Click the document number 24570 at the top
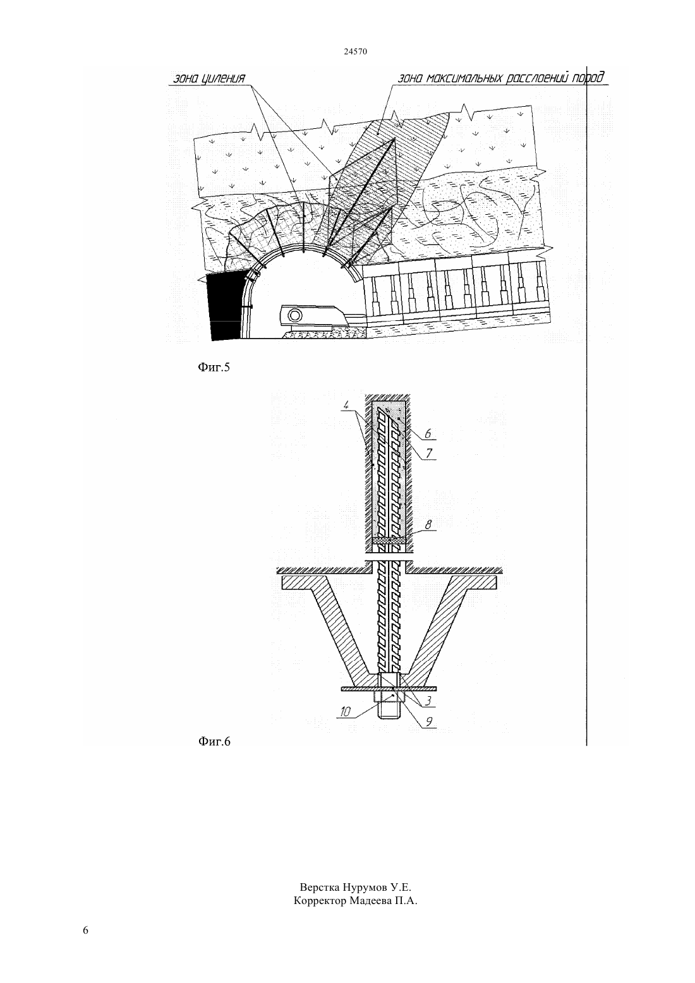[x=355, y=52]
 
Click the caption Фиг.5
[x=214, y=367]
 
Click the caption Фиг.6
[x=214, y=741]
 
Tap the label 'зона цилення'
[x=209, y=79]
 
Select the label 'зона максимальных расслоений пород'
[x=500, y=78]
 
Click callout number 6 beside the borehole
[x=428, y=433]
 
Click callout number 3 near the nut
[x=429, y=701]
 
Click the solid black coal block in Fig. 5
[x=225, y=306]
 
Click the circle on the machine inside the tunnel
[x=295, y=315]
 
